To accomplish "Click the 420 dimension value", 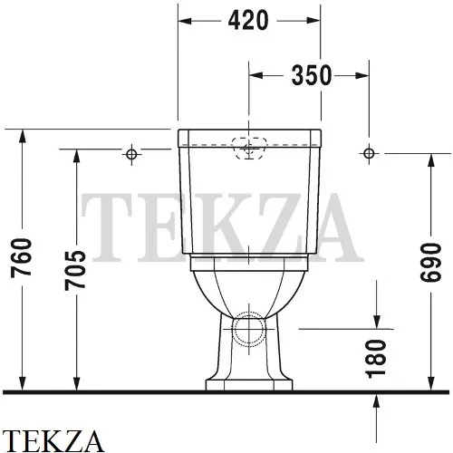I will pyautogui.click(x=249, y=20).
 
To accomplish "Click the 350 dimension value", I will pyautogui.click(x=312, y=76).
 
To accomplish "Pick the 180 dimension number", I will pyautogui.click(x=379, y=357).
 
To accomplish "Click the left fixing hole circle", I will pyautogui.click(x=131, y=154).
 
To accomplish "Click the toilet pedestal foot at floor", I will pyautogui.click(x=250, y=384).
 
